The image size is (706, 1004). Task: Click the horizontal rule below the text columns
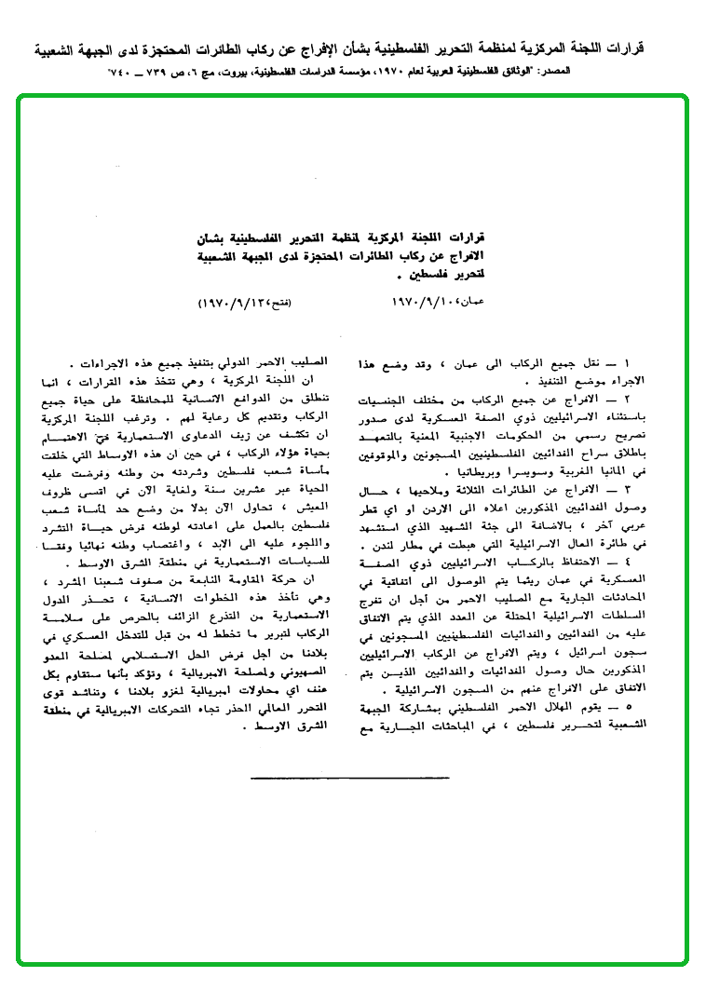pyautogui.click(x=351, y=776)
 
